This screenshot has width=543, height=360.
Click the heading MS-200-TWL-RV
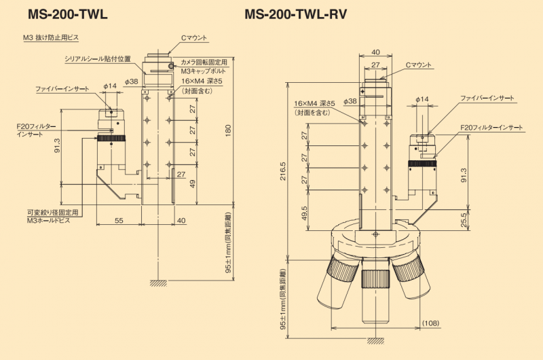(x=296, y=14)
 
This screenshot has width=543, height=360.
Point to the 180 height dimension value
(x=229, y=129)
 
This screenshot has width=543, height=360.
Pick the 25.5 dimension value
(x=464, y=221)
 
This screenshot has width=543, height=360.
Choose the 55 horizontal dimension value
(x=119, y=221)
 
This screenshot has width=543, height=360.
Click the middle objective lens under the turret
(x=375, y=299)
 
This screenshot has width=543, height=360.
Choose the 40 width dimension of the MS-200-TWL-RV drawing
(x=375, y=52)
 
